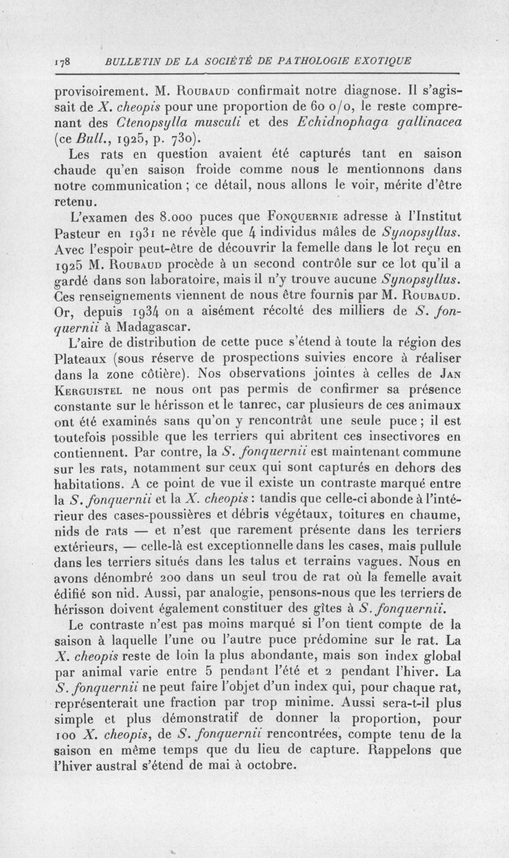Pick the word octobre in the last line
coord(275,766)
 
